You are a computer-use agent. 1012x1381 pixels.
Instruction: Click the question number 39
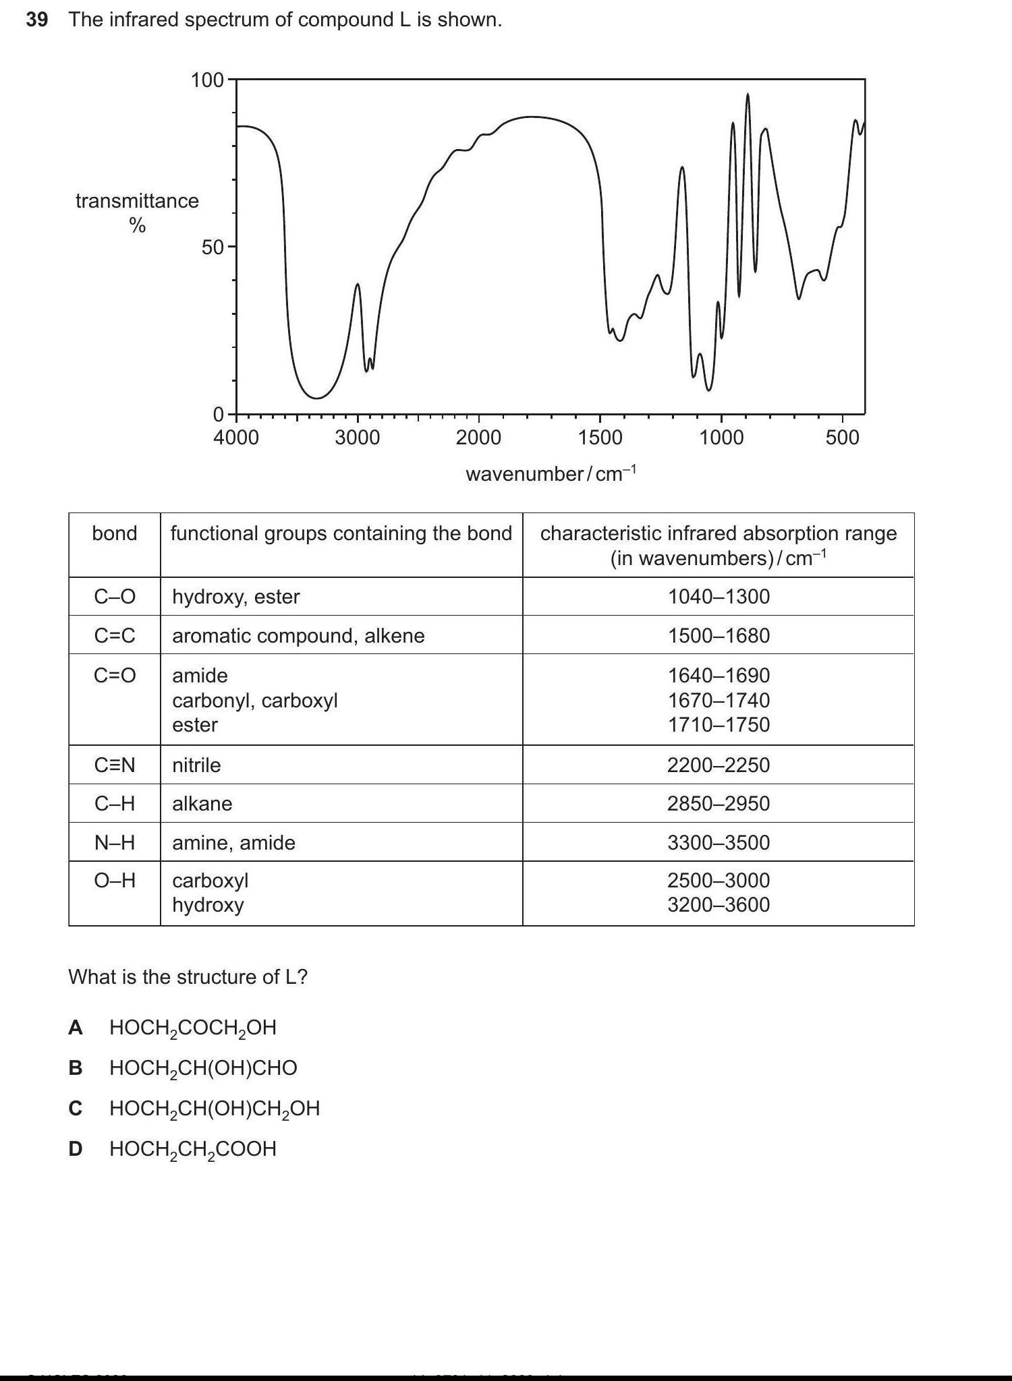pos(37,20)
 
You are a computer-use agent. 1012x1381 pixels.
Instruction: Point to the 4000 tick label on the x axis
pos(235,438)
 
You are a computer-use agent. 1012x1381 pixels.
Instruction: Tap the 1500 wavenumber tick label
pos(600,438)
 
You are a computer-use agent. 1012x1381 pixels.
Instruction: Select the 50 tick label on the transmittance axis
pos(212,247)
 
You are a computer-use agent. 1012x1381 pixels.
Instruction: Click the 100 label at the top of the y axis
pos(206,80)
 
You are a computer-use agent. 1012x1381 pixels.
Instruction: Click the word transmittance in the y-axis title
pos(137,201)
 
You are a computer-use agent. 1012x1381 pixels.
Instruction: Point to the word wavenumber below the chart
pos(524,474)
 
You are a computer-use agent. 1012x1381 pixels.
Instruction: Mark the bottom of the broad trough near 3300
pos(316,397)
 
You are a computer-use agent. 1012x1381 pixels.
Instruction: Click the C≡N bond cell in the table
pos(115,765)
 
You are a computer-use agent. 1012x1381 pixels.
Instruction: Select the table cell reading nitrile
pos(196,765)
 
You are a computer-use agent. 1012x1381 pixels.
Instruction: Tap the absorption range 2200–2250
pos(719,765)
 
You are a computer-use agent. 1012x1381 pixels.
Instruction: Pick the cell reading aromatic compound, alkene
pos(298,636)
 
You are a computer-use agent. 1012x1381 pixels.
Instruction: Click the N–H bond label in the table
pos(115,842)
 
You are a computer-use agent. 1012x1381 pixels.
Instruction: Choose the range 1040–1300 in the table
pos(719,597)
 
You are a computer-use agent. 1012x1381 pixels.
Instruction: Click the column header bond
pos(115,533)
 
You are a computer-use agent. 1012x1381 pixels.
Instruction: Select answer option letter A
pos(76,1028)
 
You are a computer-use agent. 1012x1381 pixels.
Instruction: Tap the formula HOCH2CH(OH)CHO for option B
pos(203,1068)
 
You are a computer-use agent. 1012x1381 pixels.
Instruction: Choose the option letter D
pos(76,1149)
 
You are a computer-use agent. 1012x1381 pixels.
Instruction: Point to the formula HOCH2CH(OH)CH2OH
pos(215,1109)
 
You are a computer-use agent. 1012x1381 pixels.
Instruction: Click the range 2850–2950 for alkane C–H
pos(719,804)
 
